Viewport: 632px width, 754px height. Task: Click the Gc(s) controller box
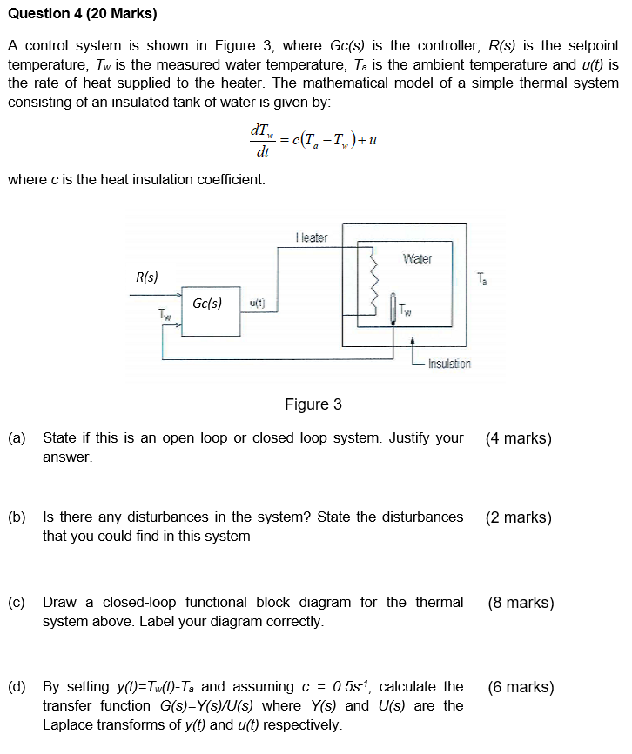(x=210, y=311)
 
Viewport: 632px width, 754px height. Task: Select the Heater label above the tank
(x=311, y=237)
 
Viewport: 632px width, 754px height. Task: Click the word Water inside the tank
(x=417, y=258)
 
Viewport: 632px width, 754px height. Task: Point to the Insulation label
(x=449, y=364)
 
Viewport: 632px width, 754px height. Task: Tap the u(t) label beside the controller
(x=257, y=304)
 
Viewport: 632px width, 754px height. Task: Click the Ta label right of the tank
(x=484, y=279)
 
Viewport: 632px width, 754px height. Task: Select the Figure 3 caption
(x=313, y=404)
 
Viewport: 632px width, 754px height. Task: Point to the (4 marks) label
(x=519, y=438)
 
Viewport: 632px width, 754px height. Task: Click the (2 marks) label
(x=519, y=517)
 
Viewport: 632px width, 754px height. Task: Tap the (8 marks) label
(x=521, y=603)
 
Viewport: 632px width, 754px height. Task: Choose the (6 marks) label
(x=521, y=687)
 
